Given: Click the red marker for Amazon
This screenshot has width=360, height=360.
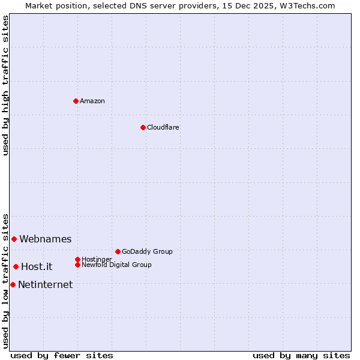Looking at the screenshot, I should (x=76, y=101).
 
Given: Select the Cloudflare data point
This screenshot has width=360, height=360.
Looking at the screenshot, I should (x=143, y=127).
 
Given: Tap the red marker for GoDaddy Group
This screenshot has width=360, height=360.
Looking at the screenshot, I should (x=118, y=251).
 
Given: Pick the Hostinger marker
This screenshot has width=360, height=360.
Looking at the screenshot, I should (x=77, y=259).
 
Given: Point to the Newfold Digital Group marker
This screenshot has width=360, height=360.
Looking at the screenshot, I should (x=77, y=265).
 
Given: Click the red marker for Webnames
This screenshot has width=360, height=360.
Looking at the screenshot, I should (x=14, y=239).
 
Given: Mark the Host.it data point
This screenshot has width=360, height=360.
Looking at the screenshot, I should (x=16, y=266).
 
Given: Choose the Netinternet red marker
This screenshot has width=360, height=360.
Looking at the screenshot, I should (x=13, y=284).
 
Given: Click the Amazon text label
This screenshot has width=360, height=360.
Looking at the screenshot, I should (x=92, y=101).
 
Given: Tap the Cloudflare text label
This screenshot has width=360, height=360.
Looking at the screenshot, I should (x=163, y=127).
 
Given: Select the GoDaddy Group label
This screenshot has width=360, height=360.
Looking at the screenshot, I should (x=147, y=251).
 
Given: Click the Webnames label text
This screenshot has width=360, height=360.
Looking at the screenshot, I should (x=45, y=239).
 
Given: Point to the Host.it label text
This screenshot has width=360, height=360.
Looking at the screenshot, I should (x=37, y=266).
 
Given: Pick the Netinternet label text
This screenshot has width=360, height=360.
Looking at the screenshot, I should (x=45, y=284).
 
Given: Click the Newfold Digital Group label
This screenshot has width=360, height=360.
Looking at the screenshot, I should (x=116, y=265).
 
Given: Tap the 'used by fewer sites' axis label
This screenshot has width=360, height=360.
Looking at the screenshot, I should (x=62, y=355).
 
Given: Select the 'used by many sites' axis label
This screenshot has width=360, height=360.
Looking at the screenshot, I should (x=301, y=355).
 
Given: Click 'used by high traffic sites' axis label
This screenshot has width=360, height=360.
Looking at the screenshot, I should (x=5, y=85).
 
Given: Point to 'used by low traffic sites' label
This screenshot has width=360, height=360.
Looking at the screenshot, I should (x=5, y=280).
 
